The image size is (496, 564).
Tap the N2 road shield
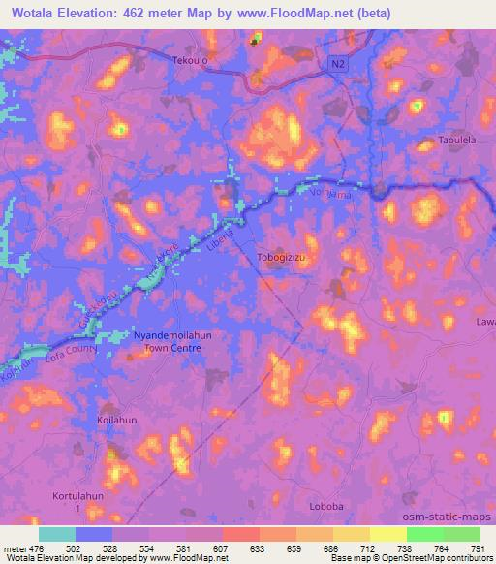[x=334, y=62]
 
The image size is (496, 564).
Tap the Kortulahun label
[x=81, y=495]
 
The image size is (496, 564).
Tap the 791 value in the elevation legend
[x=475, y=548]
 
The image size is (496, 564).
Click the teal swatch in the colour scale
[x=56, y=534]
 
